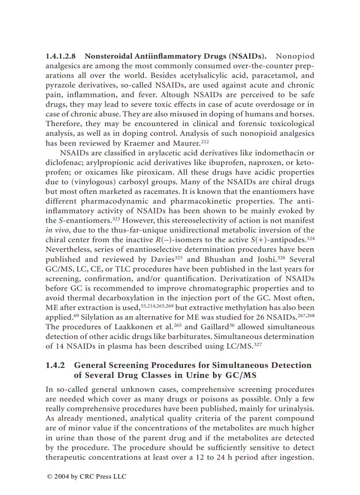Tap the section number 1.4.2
55,365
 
